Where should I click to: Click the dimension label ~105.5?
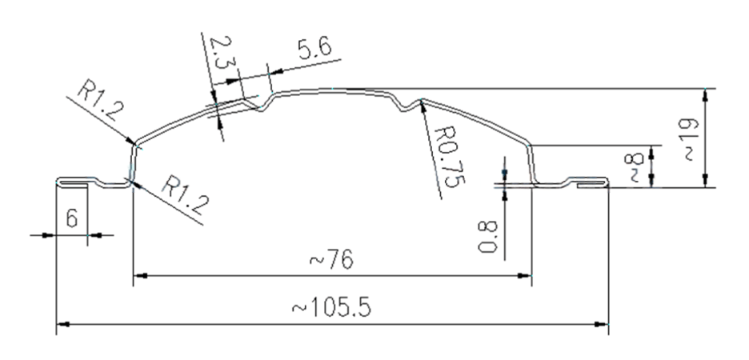point(332,307)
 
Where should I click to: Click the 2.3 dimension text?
point(218,53)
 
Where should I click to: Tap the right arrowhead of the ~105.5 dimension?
point(603,324)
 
